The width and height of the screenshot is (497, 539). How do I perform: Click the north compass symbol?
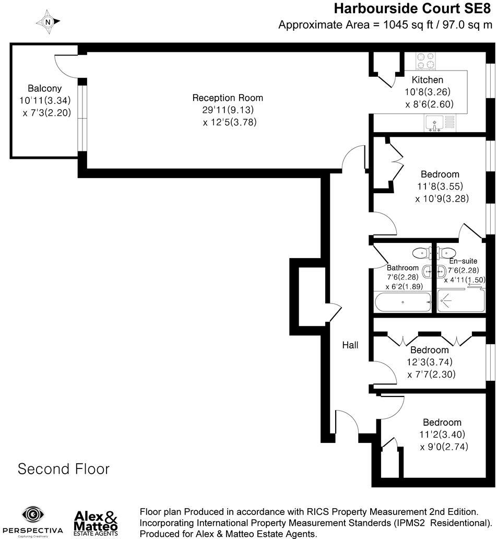tap(48, 22)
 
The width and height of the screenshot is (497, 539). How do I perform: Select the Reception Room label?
tap(228, 98)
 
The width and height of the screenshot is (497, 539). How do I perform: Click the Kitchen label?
tap(427, 80)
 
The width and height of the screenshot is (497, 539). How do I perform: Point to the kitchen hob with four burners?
tap(425, 61)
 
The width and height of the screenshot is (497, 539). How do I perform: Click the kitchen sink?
tap(434, 123)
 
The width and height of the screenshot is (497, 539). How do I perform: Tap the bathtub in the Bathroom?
tap(403, 302)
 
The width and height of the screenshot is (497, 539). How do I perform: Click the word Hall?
tap(350, 345)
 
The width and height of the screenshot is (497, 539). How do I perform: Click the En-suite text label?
tap(463, 261)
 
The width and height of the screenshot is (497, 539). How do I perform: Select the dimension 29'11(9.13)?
tap(228, 110)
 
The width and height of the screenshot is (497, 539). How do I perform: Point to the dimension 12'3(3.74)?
tap(429, 362)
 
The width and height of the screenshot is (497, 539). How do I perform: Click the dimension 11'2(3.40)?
tap(442, 434)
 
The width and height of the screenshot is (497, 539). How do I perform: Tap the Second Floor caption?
tap(64, 469)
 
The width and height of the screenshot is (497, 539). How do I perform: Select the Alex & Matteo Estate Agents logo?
tap(96, 522)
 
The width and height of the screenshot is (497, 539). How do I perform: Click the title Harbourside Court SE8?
tap(412, 8)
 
